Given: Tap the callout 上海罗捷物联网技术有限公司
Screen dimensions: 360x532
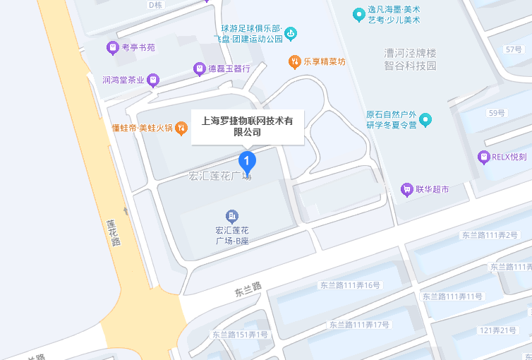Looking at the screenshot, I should point(248,126).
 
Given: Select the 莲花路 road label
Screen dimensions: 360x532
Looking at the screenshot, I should point(113,232).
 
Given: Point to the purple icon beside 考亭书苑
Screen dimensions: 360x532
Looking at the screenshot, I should point(111,48).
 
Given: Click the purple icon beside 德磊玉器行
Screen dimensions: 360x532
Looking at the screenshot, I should point(199,68).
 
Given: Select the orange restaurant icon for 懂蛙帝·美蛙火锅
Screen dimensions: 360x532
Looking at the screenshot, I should point(181,128).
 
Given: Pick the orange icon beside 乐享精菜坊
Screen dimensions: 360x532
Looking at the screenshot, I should point(294,61).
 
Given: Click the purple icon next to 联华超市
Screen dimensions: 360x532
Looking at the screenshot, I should point(406,189).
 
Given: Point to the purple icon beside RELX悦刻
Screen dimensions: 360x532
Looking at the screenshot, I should point(483,157).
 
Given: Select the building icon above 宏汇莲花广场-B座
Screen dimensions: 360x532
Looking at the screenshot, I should point(231,215).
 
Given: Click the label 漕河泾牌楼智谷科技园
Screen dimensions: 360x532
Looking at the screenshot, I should point(410,59).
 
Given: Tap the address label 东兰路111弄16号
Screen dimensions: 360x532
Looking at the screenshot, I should point(350,285).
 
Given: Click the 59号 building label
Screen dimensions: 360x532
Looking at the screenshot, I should point(497,112).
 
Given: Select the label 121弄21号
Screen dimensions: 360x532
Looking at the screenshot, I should point(498,330).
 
